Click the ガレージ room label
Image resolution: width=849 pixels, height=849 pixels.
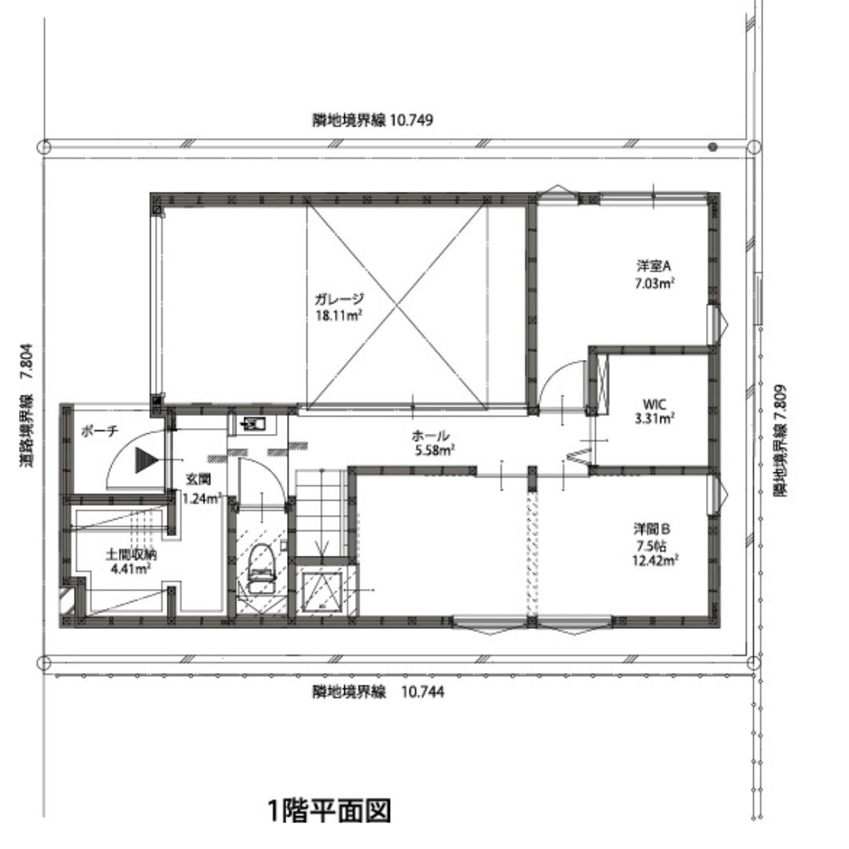tap(339, 299)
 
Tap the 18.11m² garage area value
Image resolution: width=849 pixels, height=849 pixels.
tap(339, 315)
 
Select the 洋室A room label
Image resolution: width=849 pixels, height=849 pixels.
tap(653, 266)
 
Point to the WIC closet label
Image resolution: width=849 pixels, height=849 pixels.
tap(654, 404)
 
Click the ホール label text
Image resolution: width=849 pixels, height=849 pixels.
tap(431, 436)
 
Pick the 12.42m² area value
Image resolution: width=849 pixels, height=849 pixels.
tap(655, 560)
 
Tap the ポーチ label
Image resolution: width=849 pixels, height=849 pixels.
tap(100, 431)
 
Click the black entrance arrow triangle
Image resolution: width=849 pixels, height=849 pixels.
tap(146, 460)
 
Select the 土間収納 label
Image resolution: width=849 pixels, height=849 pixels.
tap(130, 554)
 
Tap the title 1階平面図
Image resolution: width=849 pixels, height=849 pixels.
tap(329, 810)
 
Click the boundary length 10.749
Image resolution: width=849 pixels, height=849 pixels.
tap(411, 119)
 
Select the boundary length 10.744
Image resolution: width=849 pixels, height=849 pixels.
tap(422, 692)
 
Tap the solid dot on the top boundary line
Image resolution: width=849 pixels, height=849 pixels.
tap(713, 147)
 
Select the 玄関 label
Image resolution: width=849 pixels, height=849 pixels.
tap(198, 480)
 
